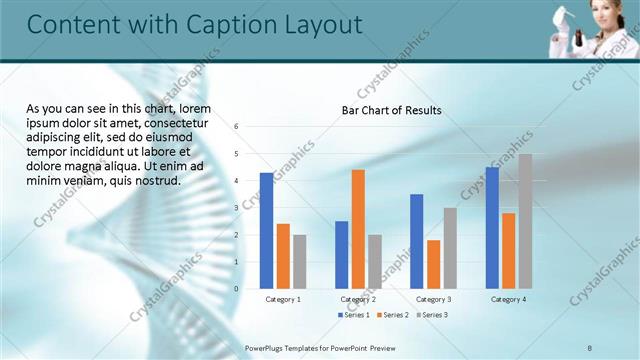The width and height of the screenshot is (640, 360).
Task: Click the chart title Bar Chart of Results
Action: (x=391, y=110)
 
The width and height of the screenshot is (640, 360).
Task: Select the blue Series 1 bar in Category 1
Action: (x=266, y=231)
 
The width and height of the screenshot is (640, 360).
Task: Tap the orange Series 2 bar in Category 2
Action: (x=358, y=229)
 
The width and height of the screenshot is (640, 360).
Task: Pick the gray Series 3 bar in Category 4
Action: (x=525, y=221)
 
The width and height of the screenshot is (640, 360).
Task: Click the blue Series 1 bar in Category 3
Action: (x=416, y=241)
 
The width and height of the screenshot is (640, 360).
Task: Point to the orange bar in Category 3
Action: (x=433, y=264)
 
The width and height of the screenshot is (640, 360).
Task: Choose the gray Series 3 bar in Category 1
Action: (x=300, y=262)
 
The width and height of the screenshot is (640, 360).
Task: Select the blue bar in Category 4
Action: (x=492, y=228)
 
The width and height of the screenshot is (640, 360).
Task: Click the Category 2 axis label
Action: (x=358, y=299)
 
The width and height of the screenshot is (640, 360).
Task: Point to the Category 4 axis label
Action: (x=508, y=299)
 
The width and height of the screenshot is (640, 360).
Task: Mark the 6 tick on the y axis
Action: (x=236, y=127)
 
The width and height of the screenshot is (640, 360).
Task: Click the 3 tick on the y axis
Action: (x=236, y=208)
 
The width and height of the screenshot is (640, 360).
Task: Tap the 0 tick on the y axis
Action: (x=236, y=289)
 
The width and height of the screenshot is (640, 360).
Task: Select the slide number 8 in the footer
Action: (x=590, y=346)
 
